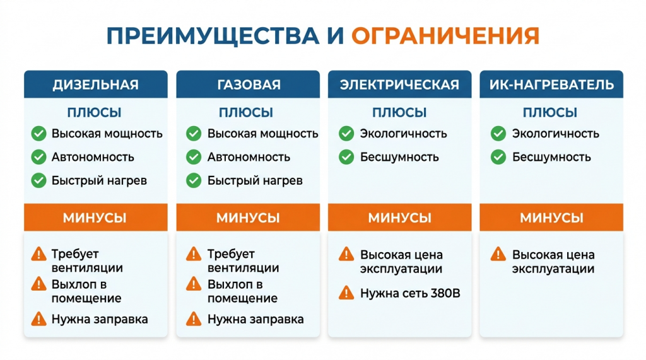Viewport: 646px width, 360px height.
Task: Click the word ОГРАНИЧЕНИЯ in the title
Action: [445, 35]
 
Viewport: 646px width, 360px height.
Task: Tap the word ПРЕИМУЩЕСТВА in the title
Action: [213, 35]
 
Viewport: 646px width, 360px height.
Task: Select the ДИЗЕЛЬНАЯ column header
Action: [96, 84]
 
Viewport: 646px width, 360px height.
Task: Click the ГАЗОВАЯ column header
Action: [249, 84]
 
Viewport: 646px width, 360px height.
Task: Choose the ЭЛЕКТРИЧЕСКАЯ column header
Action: [399, 84]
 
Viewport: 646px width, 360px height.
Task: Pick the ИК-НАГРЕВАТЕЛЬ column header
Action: [551, 84]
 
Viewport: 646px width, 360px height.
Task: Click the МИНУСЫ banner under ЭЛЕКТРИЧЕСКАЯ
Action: [399, 218]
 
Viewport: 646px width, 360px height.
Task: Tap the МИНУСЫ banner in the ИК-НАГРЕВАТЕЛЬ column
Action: [551, 218]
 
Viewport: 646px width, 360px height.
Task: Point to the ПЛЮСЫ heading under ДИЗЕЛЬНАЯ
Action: [95, 113]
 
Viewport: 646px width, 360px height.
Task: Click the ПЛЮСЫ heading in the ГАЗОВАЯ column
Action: [246, 113]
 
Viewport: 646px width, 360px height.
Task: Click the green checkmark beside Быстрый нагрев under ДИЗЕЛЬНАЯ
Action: [39, 180]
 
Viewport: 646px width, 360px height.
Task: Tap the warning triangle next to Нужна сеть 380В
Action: [346, 293]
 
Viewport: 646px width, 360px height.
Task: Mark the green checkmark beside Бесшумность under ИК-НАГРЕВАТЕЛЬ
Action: [498, 157]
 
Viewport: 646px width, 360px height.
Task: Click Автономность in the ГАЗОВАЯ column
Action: [249, 157]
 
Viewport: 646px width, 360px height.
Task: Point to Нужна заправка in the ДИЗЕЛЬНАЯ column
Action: [100, 319]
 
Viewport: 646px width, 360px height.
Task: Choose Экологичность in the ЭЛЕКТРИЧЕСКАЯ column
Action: [403, 134]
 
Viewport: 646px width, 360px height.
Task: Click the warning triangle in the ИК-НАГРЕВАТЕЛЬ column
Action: [498, 255]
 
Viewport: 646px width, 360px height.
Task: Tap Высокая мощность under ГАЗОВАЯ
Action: [262, 134]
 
